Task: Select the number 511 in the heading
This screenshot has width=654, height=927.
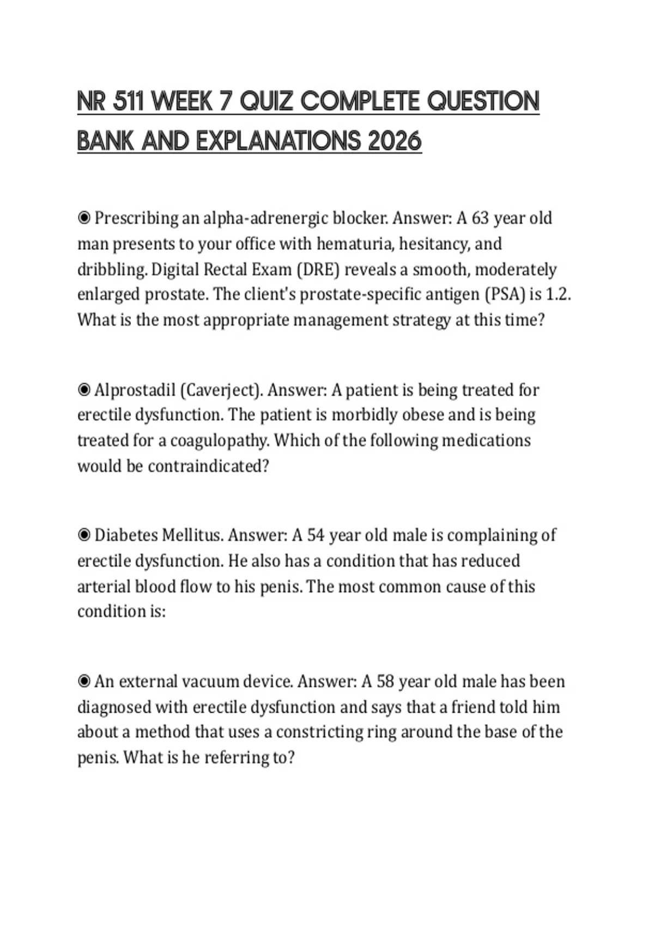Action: click(129, 102)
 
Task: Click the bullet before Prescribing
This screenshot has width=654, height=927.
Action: click(84, 218)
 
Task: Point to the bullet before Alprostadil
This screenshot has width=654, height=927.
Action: click(84, 390)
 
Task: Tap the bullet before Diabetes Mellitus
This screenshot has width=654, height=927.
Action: click(84, 535)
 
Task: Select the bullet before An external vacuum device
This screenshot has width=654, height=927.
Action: click(84, 682)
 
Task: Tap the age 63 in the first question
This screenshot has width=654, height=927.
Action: click(480, 218)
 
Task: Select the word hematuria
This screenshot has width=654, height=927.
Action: click(355, 244)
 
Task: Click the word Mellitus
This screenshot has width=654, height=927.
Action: click(192, 535)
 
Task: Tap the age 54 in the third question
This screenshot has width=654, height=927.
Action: click(316, 535)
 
